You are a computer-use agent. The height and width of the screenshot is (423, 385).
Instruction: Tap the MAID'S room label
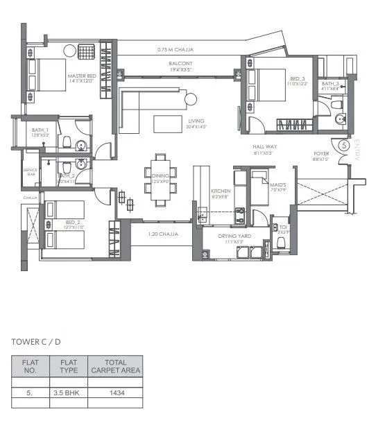click(258, 184)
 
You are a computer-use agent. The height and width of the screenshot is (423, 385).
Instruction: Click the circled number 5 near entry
click(345, 146)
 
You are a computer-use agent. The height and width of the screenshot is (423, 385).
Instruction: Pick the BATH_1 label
click(40, 131)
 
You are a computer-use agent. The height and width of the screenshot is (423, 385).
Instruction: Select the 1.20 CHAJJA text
click(163, 234)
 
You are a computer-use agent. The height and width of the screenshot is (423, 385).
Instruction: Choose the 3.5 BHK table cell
click(68, 393)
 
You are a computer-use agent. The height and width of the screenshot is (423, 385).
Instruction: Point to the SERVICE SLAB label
click(30, 171)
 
